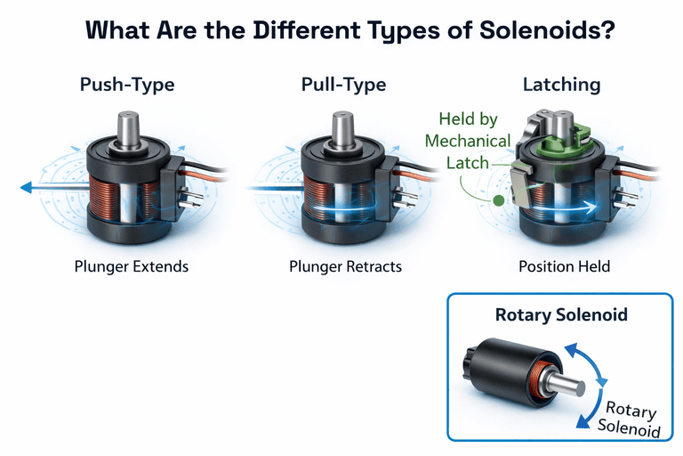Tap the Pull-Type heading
(343, 85)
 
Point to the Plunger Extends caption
(133, 266)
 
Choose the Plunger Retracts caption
(346, 266)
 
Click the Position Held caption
(564, 266)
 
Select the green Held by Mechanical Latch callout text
(468, 141)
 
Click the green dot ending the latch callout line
(498, 202)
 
